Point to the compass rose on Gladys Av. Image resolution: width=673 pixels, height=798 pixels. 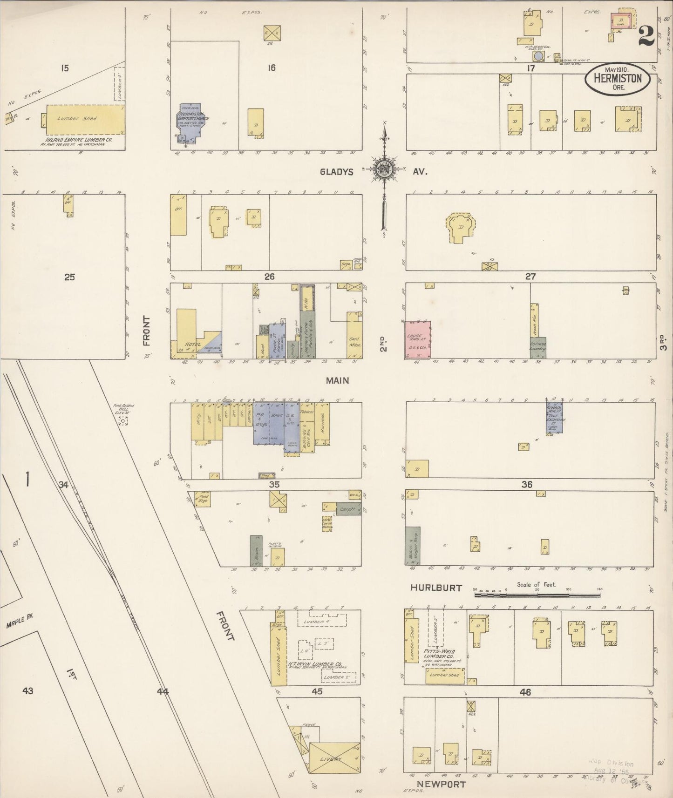tap(384, 169)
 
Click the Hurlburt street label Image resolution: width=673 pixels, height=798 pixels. tap(436, 588)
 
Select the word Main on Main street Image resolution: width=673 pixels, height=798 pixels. tap(337, 380)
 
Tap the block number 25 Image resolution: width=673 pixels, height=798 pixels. tap(69, 277)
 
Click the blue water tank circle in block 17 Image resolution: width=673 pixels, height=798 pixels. tap(538, 56)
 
